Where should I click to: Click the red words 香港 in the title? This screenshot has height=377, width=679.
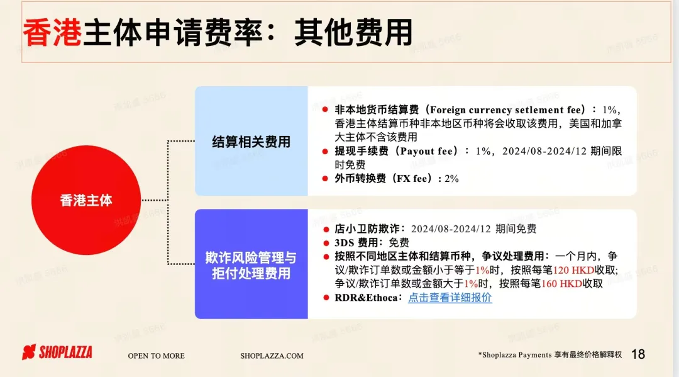click(x=52, y=33)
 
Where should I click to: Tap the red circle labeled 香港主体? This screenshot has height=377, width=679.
click(x=86, y=200)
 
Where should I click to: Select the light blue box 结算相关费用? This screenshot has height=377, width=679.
click(x=251, y=141)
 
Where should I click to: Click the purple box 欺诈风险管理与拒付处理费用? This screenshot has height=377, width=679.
click(x=251, y=264)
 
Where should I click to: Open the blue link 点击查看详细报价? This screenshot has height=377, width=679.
click(x=450, y=298)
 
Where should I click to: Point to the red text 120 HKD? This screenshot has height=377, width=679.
click(x=574, y=271)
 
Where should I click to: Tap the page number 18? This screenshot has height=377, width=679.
click(x=638, y=354)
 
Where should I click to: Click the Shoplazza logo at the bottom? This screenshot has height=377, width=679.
click(x=57, y=352)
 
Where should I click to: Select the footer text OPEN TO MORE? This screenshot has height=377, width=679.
click(x=157, y=356)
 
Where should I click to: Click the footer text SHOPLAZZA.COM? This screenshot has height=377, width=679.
click(x=272, y=356)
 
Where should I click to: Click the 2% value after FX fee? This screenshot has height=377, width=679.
click(x=451, y=179)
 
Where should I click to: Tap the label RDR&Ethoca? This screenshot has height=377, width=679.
click(x=366, y=298)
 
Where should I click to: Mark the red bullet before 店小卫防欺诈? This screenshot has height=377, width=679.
click(x=326, y=230)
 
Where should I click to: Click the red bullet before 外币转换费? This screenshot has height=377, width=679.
click(x=325, y=179)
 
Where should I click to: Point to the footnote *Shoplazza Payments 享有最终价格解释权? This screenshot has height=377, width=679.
click(x=550, y=355)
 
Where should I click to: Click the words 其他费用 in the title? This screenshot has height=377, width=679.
click(x=353, y=33)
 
